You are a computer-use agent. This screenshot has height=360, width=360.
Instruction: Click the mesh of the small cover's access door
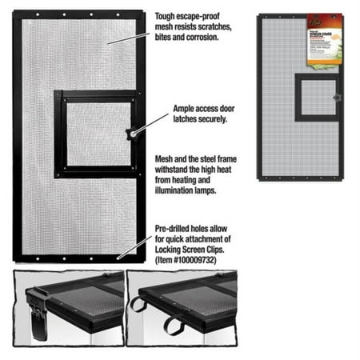[x=318, y=97]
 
